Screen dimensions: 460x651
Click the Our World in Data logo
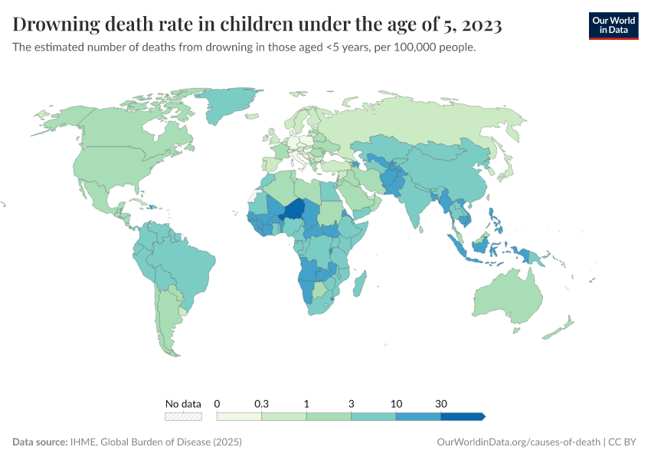[613, 25]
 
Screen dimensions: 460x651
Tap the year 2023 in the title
[483, 25]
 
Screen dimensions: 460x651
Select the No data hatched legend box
[184, 416]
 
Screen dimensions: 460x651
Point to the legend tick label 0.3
[261, 403]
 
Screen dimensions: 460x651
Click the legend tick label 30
[441, 403]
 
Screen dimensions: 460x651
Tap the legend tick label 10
[396, 403]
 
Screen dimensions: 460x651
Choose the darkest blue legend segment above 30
[462, 416]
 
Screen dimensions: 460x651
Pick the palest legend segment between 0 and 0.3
[239, 416]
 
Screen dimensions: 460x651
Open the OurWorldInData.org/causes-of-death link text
[517, 442]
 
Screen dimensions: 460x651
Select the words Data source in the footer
[40, 442]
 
